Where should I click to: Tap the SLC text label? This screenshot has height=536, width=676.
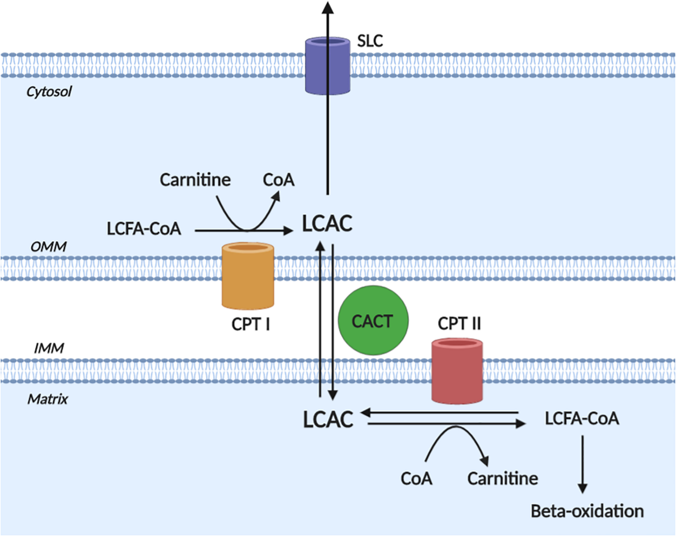point(370,41)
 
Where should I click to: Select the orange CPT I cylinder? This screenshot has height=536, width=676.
point(248,276)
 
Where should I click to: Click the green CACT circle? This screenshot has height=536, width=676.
point(373,320)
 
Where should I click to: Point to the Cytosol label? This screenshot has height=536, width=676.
point(49,92)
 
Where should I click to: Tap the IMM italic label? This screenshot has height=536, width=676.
point(49,348)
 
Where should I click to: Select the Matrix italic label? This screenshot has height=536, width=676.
point(48,399)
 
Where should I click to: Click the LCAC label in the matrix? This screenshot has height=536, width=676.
point(328,420)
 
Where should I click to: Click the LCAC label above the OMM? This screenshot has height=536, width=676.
point(327,224)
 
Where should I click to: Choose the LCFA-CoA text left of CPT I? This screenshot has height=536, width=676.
point(144,228)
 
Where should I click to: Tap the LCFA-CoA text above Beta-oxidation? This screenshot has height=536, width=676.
point(582,418)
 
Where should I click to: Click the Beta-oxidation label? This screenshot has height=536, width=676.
point(587,511)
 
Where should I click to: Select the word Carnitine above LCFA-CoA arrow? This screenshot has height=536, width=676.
point(195,180)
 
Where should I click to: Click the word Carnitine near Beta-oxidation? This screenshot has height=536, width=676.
point(503,478)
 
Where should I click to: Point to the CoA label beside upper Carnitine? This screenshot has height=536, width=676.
point(279,180)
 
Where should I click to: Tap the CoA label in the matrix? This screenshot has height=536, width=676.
point(416,478)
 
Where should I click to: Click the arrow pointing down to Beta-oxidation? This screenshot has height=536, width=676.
point(582,464)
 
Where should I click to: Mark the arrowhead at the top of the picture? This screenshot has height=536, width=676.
point(328,8)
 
